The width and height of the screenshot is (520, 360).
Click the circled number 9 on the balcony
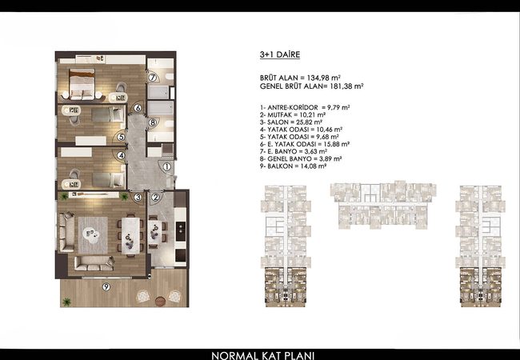point(106,286)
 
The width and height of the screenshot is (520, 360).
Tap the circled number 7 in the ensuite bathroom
point(152,78)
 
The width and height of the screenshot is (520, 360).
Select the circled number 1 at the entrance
point(167,166)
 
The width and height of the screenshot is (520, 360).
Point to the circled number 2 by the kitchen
point(155,198)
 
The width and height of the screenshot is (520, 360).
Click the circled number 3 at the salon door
point(138,198)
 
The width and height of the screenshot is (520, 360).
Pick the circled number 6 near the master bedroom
point(138,108)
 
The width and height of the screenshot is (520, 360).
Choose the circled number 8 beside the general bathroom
point(153,122)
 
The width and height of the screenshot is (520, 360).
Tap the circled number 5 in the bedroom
point(121,137)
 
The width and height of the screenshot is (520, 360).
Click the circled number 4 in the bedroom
point(121,155)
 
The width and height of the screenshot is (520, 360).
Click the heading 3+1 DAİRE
point(280,54)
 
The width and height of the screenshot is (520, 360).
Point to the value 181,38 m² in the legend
point(346,86)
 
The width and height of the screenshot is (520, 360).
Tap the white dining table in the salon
point(130,236)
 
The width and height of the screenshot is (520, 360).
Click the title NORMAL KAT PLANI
point(262,356)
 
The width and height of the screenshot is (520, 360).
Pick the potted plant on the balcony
point(66,302)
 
